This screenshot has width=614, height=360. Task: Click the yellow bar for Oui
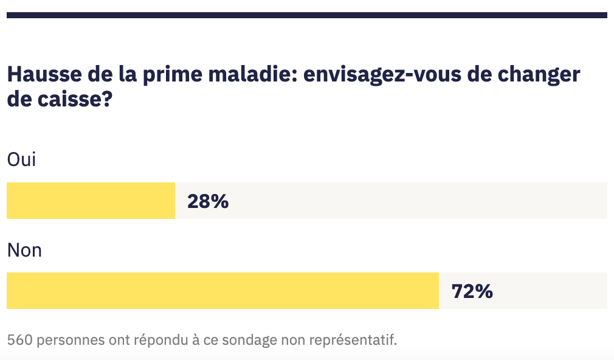pos(91,201)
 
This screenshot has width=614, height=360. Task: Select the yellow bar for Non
pos(222,291)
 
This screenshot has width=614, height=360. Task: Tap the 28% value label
pos(208,201)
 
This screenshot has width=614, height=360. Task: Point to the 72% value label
pos(472,291)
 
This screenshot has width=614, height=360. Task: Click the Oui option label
pos(21,160)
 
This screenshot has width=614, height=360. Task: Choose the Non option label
pos(24,250)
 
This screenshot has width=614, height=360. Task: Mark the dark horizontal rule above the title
pos(306,15)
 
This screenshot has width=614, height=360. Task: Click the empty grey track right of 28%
pos(419,201)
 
